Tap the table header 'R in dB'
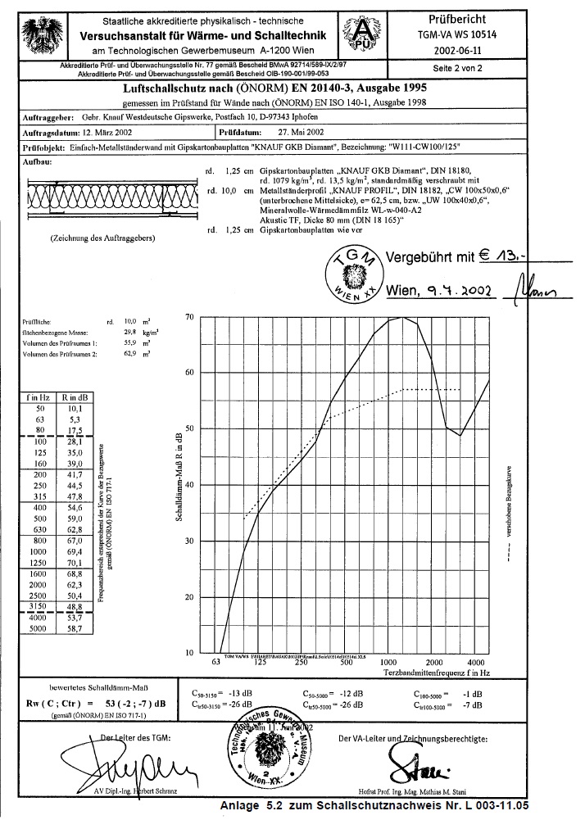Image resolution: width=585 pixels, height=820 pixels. click(x=74, y=397)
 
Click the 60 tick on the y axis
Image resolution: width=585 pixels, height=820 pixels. click(x=189, y=373)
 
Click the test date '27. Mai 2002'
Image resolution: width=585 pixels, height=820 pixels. click(x=302, y=130)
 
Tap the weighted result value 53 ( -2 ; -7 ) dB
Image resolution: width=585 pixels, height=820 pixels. click(x=134, y=702)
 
